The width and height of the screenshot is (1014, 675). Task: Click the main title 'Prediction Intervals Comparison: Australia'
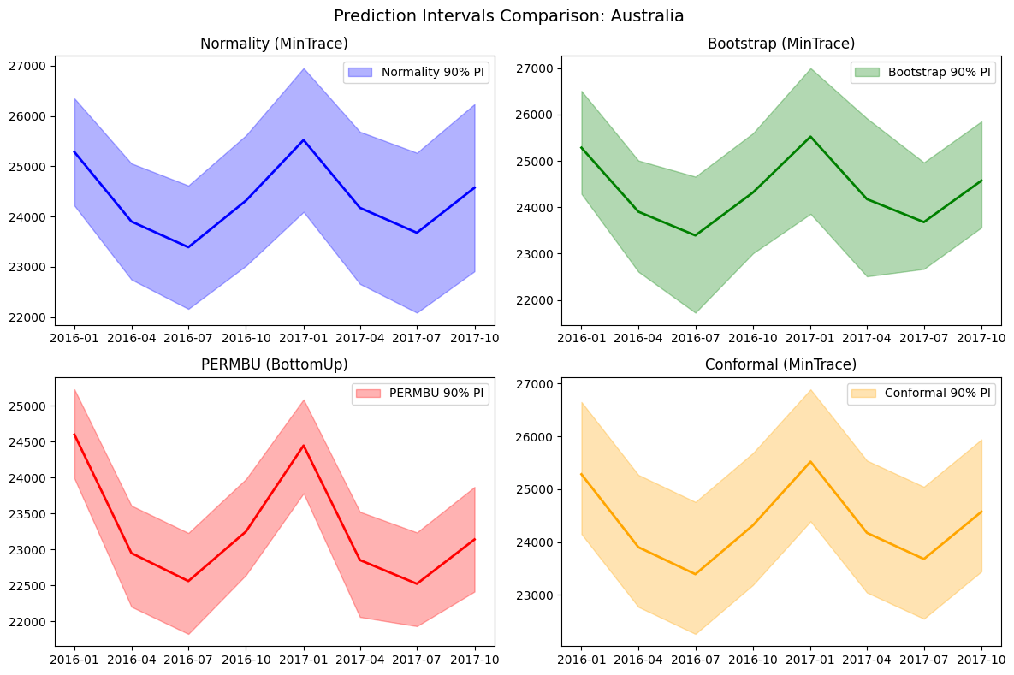(x=508, y=15)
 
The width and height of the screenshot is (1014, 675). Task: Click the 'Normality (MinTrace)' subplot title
(x=274, y=44)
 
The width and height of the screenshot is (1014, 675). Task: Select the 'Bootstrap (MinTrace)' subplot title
(x=781, y=44)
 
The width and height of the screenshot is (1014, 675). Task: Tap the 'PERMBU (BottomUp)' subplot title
(x=274, y=364)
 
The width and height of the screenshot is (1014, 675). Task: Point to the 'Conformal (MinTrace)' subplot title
(x=780, y=364)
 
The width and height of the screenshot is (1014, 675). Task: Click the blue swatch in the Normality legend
(x=360, y=73)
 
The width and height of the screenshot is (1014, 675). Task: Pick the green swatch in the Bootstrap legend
(x=867, y=73)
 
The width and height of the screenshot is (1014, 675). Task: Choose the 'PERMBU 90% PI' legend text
(x=436, y=393)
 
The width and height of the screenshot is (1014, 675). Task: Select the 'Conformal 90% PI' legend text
(x=938, y=393)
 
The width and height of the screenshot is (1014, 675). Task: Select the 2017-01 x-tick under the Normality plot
(x=303, y=338)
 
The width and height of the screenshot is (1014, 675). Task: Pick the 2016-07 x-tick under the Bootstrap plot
(x=696, y=338)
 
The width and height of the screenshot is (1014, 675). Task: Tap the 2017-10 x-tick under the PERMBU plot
(x=475, y=660)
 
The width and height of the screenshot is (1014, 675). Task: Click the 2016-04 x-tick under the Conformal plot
(x=639, y=660)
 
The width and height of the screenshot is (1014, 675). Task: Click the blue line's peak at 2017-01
(x=303, y=139)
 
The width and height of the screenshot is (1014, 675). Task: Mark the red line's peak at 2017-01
(x=303, y=446)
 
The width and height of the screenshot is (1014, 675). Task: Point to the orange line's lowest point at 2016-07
(x=696, y=574)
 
